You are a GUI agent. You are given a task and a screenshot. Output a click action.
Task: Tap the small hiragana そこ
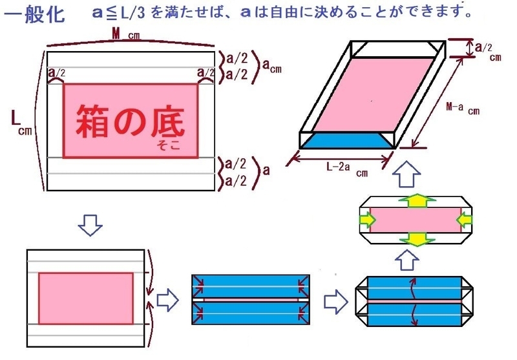coord(167,146)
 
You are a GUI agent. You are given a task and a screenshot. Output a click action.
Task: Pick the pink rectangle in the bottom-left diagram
coord(86,298)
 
